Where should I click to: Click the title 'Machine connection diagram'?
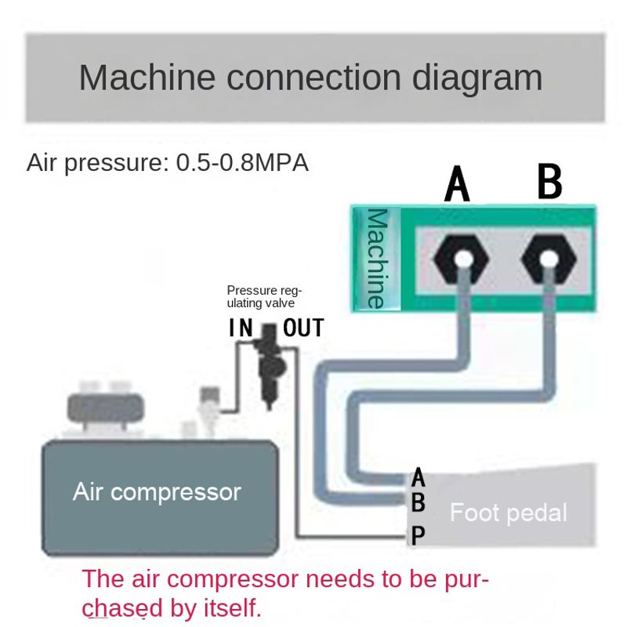click(310, 78)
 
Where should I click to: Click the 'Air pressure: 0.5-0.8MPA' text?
click(168, 163)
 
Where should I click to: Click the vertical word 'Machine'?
click(378, 258)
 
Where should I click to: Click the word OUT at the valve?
click(303, 328)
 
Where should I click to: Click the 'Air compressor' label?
click(157, 492)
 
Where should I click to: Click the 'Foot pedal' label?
click(508, 513)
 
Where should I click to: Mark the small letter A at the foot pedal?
click(419, 477)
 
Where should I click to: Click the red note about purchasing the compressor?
click(286, 593)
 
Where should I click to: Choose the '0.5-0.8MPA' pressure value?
click(242, 163)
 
